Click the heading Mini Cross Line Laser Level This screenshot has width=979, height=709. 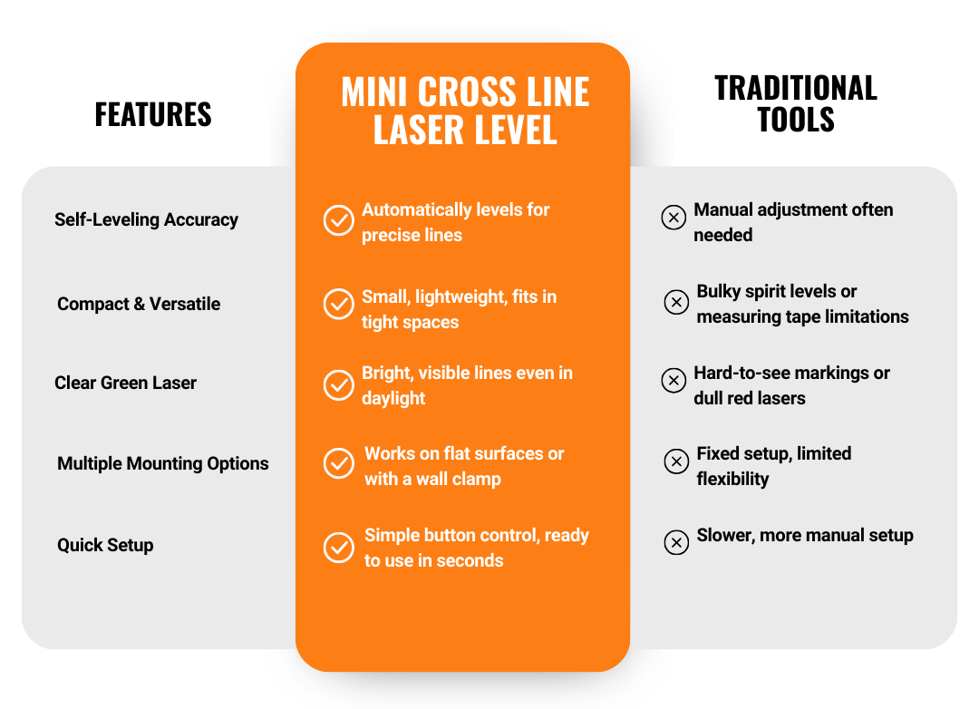click(x=465, y=112)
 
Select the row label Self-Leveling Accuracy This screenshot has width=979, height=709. click(x=146, y=219)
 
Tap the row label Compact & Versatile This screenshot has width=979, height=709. click(x=139, y=304)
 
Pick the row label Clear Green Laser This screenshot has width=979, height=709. click(x=125, y=383)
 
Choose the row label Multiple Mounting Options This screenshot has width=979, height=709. click(x=163, y=463)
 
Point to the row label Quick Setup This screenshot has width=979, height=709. click(x=105, y=545)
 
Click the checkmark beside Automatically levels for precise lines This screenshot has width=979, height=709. click(x=339, y=220)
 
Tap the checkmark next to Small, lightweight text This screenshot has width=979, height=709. click(x=339, y=304)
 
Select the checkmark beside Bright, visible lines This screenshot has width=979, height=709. click(x=339, y=385)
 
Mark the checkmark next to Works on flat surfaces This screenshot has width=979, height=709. click(x=339, y=463)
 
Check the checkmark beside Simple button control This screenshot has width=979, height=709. click(x=339, y=548)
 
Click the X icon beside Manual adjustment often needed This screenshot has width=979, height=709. click(x=674, y=218)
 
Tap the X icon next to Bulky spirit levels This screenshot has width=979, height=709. click(x=676, y=302)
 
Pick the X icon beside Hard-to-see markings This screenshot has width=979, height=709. click(x=674, y=381)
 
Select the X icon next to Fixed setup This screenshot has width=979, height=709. click(x=676, y=461)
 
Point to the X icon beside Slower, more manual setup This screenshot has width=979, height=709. click(x=676, y=542)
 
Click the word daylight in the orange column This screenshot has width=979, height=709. click(x=393, y=398)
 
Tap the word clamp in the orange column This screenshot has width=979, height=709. click(x=478, y=479)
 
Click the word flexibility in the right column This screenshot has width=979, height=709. click(x=732, y=479)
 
